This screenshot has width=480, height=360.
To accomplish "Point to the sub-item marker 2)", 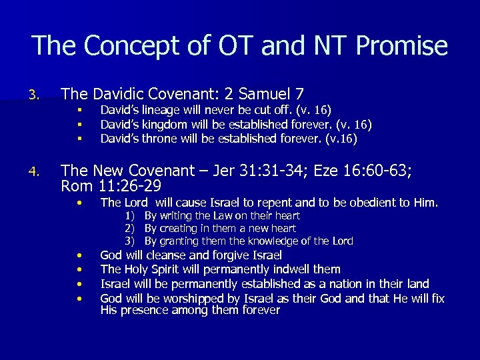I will tap(131, 228).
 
